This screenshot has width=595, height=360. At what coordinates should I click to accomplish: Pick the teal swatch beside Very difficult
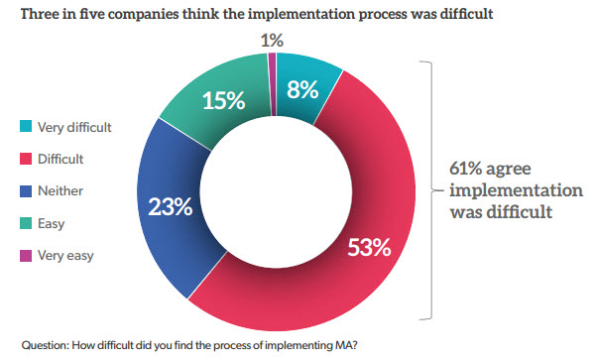pos(24,127)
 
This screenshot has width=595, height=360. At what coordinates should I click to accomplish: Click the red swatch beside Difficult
pos(24,158)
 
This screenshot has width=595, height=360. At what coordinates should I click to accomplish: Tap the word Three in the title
pos(34,13)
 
